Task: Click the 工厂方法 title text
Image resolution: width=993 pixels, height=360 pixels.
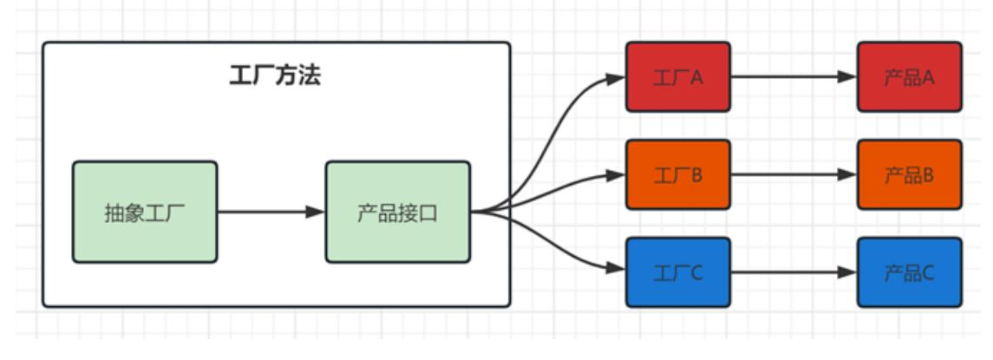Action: [x=275, y=76]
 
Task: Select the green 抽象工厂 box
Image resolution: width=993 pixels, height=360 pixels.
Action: [x=144, y=212]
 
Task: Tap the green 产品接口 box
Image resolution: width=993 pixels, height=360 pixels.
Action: [x=397, y=212]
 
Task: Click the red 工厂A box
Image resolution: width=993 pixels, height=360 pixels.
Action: [x=678, y=76]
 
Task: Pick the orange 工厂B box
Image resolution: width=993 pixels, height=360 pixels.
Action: [x=678, y=174]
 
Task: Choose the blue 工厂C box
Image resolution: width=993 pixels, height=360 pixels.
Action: [x=678, y=272]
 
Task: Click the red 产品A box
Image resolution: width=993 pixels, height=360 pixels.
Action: [x=909, y=76]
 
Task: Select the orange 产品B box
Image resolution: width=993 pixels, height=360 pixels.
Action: [x=909, y=174]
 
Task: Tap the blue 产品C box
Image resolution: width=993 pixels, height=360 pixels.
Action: [x=909, y=272]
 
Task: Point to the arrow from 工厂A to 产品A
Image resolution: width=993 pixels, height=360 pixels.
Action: [x=789, y=76]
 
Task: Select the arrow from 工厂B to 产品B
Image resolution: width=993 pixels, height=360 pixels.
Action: [x=789, y=174]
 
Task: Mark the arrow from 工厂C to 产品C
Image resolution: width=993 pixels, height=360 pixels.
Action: [x=789, y=272]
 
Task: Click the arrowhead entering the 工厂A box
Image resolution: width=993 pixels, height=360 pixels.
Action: [x=616, y=78]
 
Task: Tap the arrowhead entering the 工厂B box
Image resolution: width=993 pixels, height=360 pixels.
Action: [x=616, y=174]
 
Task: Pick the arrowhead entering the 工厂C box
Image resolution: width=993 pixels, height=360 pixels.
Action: [x=616, y=270]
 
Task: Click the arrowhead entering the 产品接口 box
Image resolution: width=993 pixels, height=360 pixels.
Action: [x=316, y=212]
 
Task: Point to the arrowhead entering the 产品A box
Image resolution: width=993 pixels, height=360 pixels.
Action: [x=847, y=76]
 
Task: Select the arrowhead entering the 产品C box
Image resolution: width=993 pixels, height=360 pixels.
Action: [x=847, y=272]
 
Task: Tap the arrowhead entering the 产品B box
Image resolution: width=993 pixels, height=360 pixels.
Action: [x=847, y=174]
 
